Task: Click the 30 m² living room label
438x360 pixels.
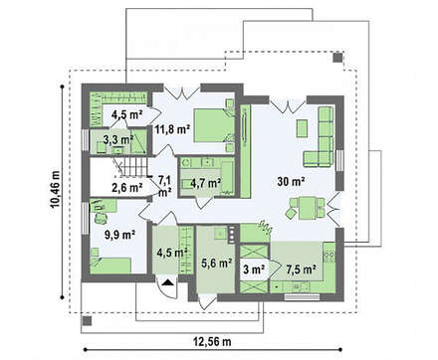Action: (292, 181)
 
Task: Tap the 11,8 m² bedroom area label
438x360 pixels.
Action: (172, 129)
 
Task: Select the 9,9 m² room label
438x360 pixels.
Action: (119, 235)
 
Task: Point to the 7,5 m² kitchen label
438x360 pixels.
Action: (301, 270)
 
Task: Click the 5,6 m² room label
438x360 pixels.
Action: (217, 264)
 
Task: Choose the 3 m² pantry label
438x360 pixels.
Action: (254, 270)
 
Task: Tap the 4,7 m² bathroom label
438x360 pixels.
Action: (206, 183)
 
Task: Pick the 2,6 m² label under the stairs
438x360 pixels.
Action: (127, 188)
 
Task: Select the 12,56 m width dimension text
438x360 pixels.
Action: (212, 341)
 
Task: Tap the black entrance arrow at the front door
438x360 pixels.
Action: (168, 282)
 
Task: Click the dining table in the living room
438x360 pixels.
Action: (307, 208)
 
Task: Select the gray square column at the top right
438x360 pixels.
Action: (337, 58)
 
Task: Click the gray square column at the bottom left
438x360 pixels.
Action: (87, 320)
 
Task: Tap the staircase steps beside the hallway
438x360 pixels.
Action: (132, 167)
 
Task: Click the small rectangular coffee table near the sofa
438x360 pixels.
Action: (302, 128)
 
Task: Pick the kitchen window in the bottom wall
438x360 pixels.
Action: (302, 297)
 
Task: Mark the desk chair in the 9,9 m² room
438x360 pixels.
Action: (100, 218)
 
